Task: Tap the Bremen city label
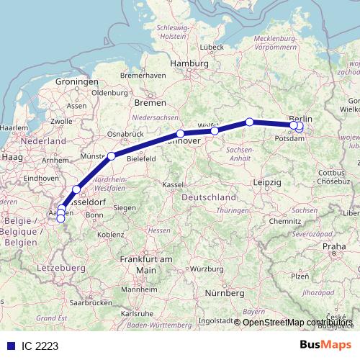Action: tap(149, 103)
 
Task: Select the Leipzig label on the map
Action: tap(267, 184)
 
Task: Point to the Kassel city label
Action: tap(174, 185)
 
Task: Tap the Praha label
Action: tap(335, 247)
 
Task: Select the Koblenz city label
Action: tap(111, 235)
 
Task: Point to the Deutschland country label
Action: tap(208, 197)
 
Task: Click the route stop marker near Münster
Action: tap(112, 156)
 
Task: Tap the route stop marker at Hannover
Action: tap(180, 133)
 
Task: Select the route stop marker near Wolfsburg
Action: tap(215, 130)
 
